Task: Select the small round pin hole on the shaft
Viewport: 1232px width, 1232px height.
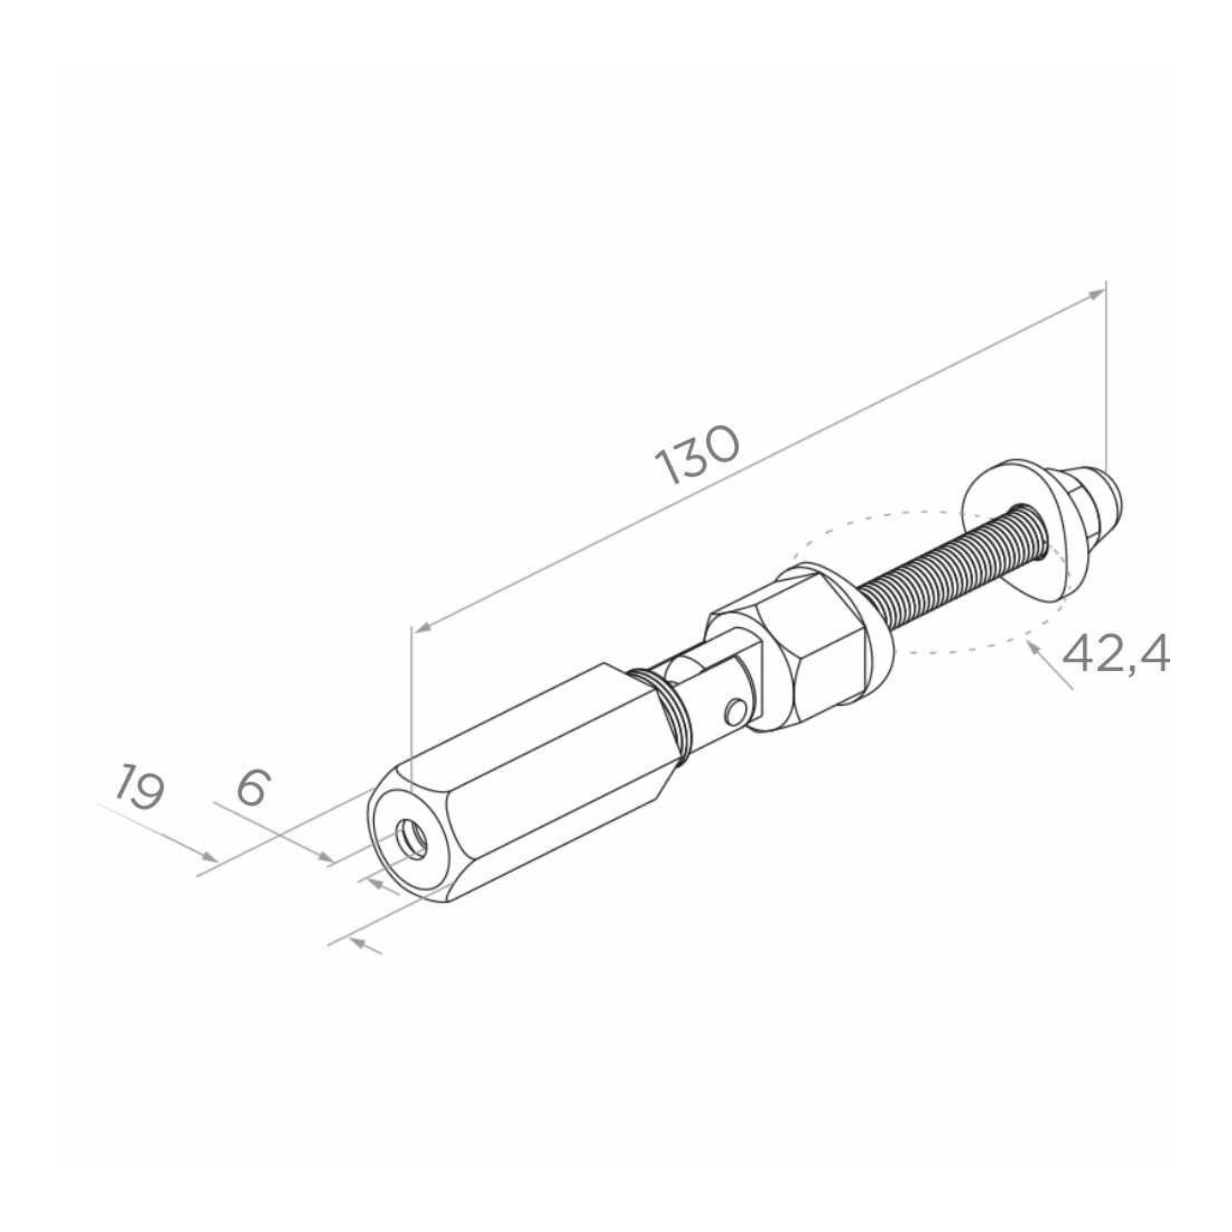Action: [x=735, y=712]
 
